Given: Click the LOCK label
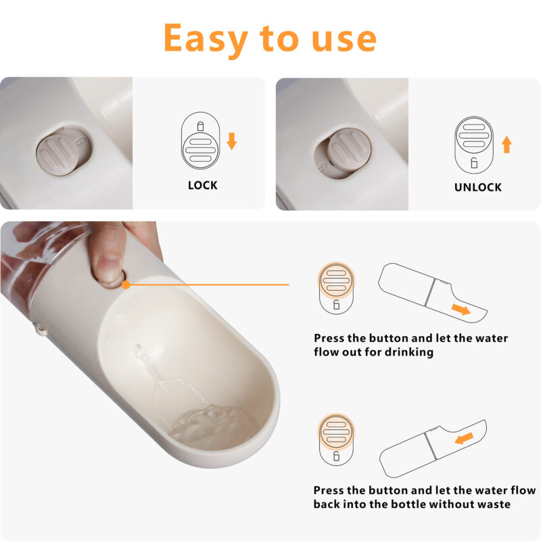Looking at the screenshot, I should click(203, 185).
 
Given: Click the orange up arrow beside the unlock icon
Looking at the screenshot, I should click(507, 144).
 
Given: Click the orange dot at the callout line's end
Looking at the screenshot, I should click(126, 285).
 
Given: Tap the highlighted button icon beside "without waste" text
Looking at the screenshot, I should click(336, 437).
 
